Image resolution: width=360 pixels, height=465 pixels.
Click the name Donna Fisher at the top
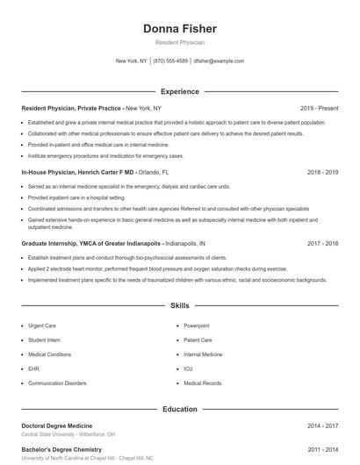point(179,29)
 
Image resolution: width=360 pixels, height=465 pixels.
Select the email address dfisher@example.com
point(219,61)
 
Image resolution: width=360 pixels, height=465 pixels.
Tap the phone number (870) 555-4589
point(170,61)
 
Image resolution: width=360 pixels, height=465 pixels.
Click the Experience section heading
point(179,91)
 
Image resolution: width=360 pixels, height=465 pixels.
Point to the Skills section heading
point(179,306)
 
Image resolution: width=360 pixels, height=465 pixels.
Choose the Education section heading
point(179,409)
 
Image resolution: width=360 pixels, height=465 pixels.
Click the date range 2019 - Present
point(319,108)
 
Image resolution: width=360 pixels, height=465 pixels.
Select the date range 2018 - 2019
point(322,173)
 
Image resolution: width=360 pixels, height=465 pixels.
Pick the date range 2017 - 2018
point(322,242)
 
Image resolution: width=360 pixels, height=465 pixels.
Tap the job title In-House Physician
point(49,173)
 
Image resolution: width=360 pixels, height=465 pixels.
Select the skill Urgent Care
point(42,325)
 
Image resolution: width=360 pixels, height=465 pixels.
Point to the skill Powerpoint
point(197,325)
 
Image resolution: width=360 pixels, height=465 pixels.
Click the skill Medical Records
point(202,383)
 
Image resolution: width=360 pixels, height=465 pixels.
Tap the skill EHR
point(33,369)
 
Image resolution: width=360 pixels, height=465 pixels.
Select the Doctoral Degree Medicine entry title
point(56,426)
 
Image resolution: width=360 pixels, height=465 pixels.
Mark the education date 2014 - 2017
point(322,426)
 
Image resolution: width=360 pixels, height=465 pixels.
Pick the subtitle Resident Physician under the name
point(179,42)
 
